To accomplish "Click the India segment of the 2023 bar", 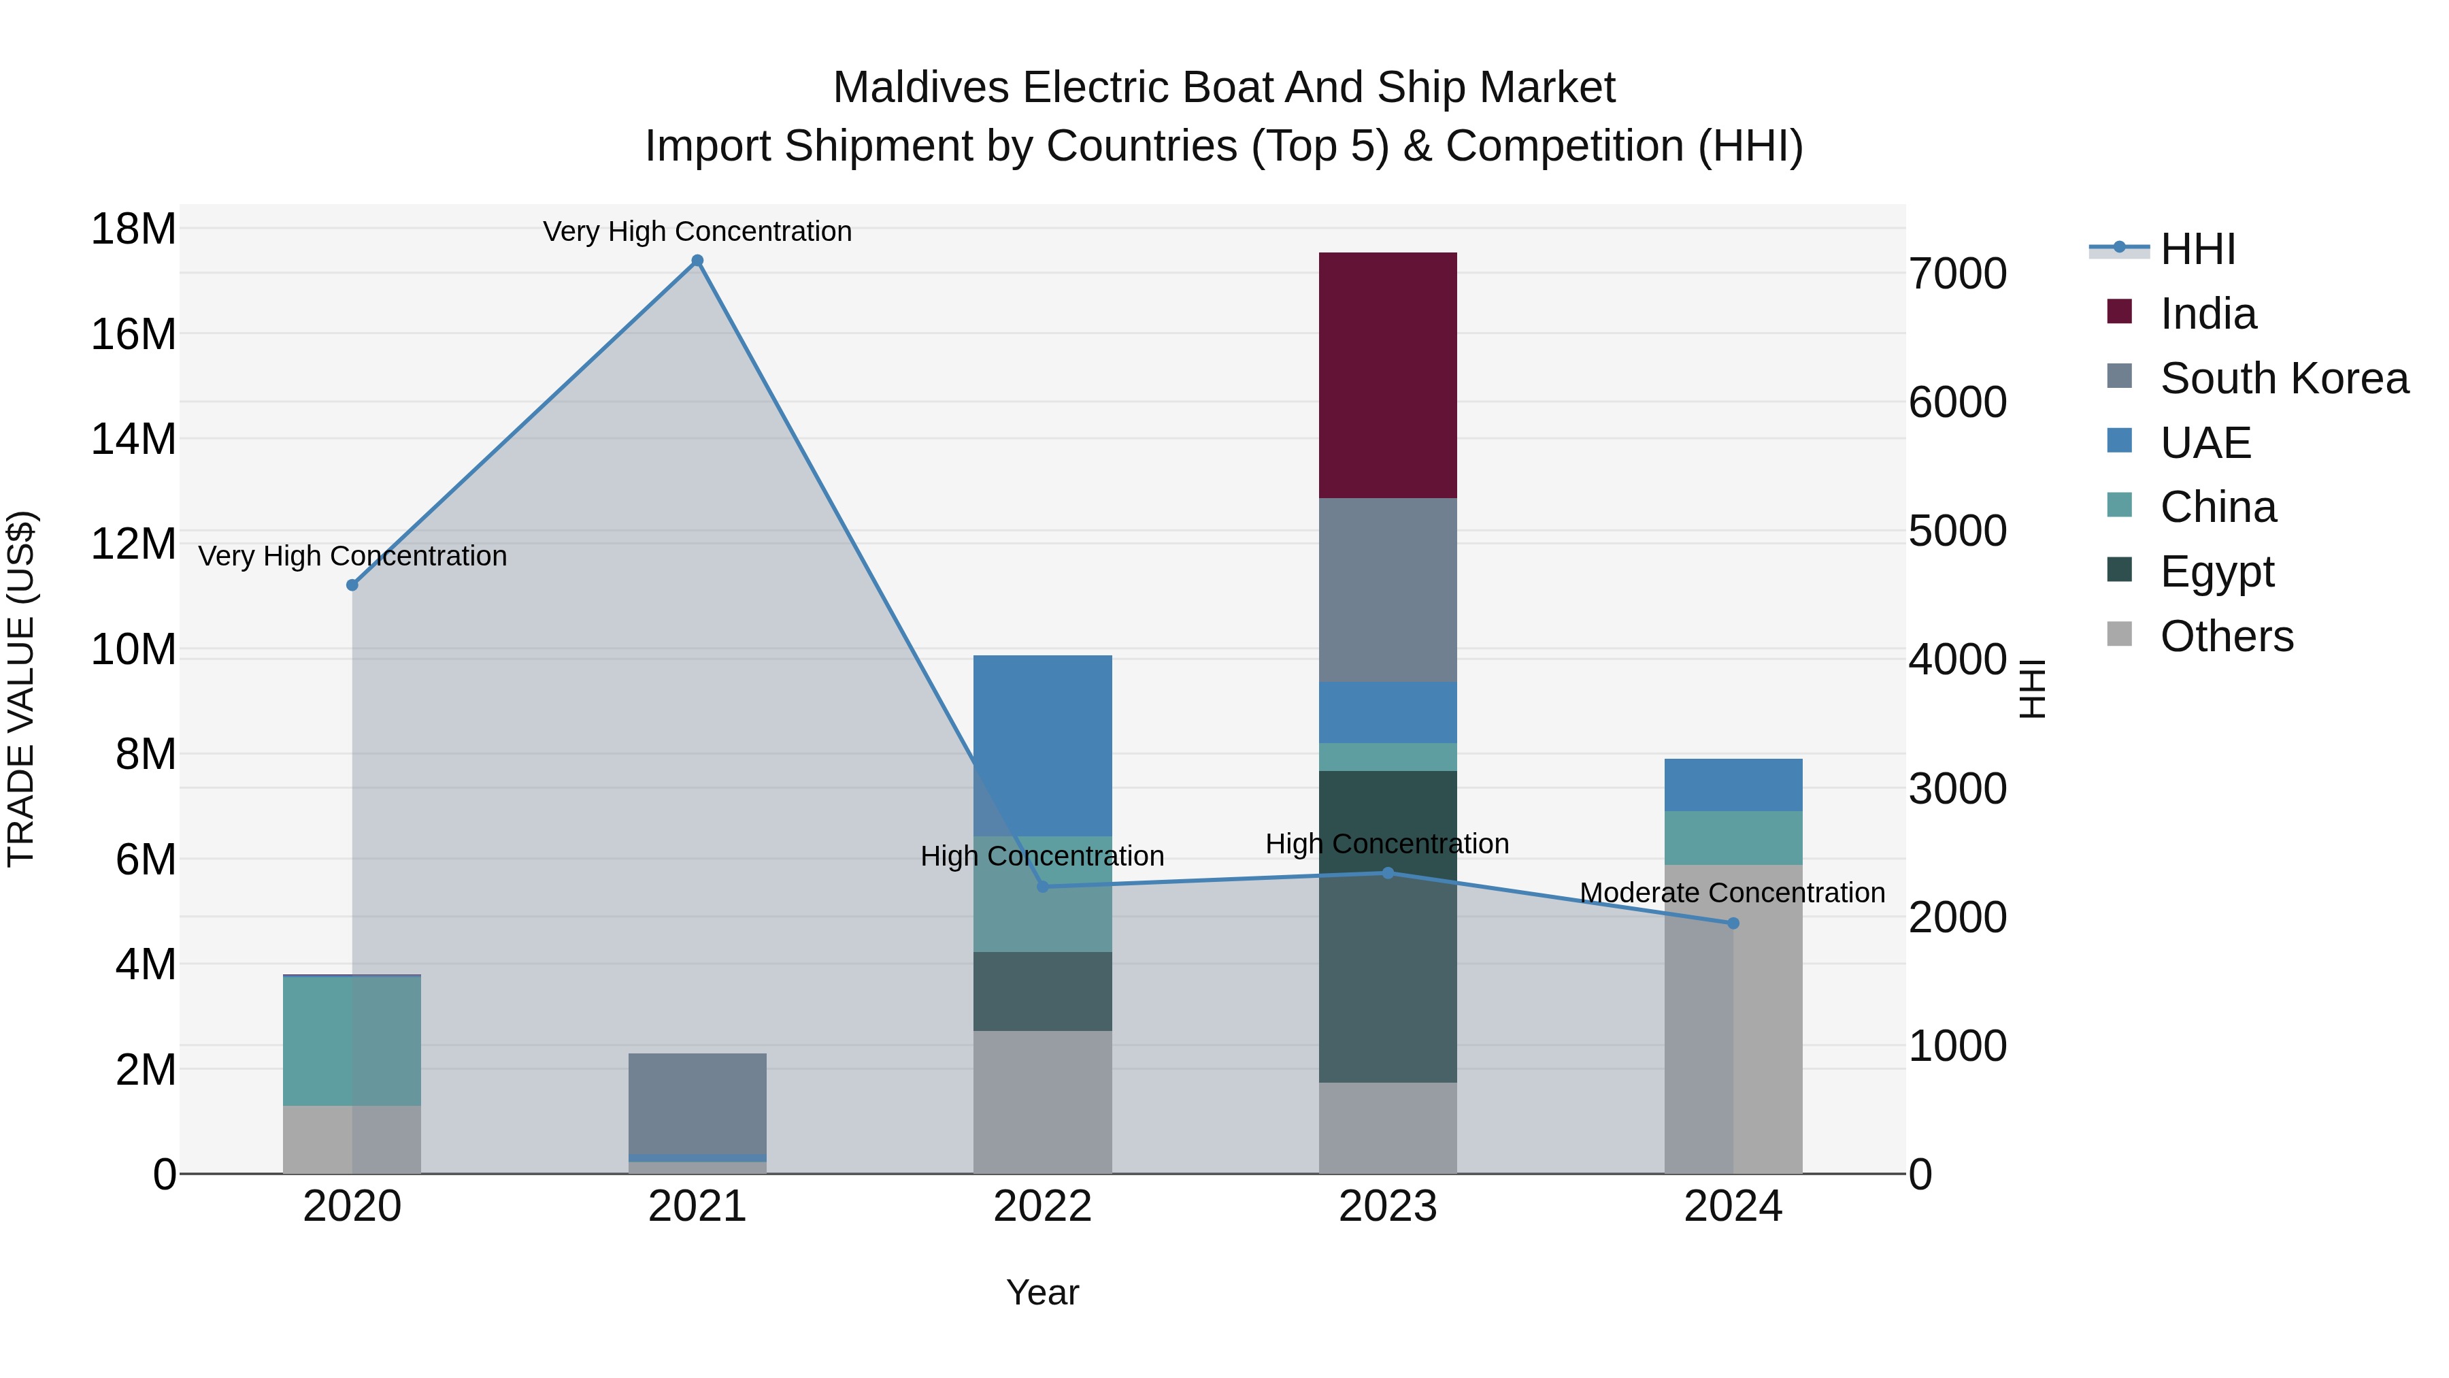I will (x=1387, y=376).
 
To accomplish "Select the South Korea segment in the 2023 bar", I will (x=1387, y=589).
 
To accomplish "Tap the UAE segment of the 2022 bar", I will (x=1042, y=746).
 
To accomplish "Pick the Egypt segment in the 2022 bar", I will (x=1042, y=991).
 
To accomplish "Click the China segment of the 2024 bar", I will (x=1732, y=838).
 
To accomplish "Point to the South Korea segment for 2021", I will (x=697, y=1103).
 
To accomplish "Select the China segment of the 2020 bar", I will (x=352, y=1040).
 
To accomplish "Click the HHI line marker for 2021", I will (x=697, y=261).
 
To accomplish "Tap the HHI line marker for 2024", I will (x=1732, y=923).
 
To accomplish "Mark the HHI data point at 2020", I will (x=352, y=585).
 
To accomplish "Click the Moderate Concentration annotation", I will (x=1731, y=893).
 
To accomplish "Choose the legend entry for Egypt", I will (x=2216, y=572).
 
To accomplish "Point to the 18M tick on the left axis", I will (x=133, y=229).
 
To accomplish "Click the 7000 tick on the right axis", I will (x=1957, y=274).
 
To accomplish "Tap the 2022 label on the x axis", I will (x=1042, y=1207).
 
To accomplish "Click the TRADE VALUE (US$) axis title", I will (x=21, y=689).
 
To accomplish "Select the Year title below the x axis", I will (x=1042, y=1292).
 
